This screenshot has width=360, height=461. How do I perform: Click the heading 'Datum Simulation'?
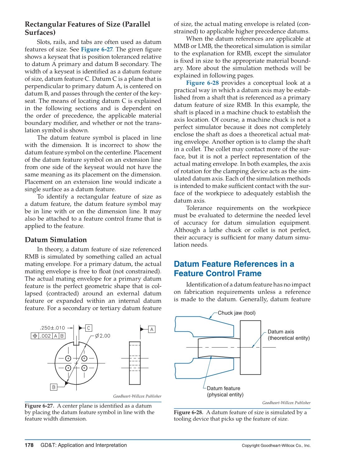[x=56, y=240]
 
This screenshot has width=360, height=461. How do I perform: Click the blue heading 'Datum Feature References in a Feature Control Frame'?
[x=234, y=269]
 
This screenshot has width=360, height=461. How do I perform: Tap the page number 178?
[x=29, y=445]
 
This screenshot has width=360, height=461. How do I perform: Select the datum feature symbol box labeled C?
[x=89, y=328]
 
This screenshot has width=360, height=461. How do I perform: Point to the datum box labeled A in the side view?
[x=152, y=329]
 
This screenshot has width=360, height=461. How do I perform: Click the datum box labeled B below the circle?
[x=54, y=387]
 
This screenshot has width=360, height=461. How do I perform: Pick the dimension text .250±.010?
[x=52, y=328]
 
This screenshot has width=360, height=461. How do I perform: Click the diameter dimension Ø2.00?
[x=102, y=336]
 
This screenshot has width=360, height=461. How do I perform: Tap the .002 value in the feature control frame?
[x=45, y=336]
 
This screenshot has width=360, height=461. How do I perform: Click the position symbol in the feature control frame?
[x=35, y=336]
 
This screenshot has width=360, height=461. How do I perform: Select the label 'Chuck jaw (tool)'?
[x=236, y=313]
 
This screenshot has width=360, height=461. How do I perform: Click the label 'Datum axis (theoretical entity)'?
[x=288, y=335]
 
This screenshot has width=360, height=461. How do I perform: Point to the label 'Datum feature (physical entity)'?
[x=225, y=391]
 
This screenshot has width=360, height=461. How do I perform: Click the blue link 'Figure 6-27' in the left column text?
[x=97, y=49]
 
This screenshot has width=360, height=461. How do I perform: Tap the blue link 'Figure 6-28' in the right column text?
[x=202, y=83]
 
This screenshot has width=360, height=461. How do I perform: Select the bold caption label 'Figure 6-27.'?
[x=39, y=406]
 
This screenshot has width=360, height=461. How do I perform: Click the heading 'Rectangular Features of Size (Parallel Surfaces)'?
[x=87, y=28]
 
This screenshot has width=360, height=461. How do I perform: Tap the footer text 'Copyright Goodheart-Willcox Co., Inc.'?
[x=276, y=445]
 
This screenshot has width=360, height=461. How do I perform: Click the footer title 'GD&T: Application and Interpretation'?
[x=83, y=445]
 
